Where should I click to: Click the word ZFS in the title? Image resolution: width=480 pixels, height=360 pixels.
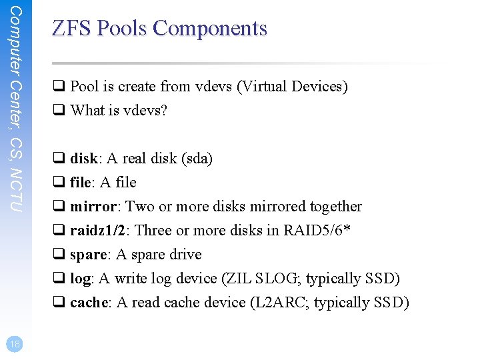click(x=71, y=28)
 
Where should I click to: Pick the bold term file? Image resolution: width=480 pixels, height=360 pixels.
click(x=83, y=183)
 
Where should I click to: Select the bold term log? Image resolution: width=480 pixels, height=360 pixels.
click(x=81, y=279)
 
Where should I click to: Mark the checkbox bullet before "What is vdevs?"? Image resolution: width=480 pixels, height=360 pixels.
click(x=58, y=111)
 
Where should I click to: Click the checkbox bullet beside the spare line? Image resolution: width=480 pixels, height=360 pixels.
click(x=58, y=255)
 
